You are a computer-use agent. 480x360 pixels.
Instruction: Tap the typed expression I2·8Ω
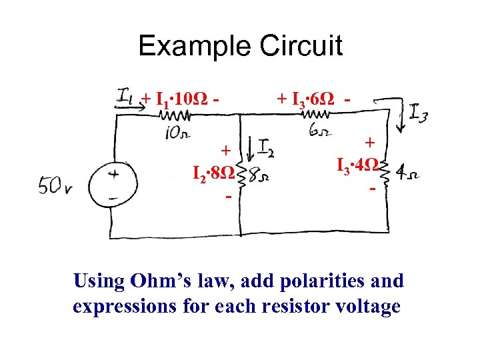tap(213, 176)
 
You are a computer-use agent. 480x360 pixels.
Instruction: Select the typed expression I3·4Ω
tap(359, 165)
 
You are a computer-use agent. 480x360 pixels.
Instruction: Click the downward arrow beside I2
tap(249, 147)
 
